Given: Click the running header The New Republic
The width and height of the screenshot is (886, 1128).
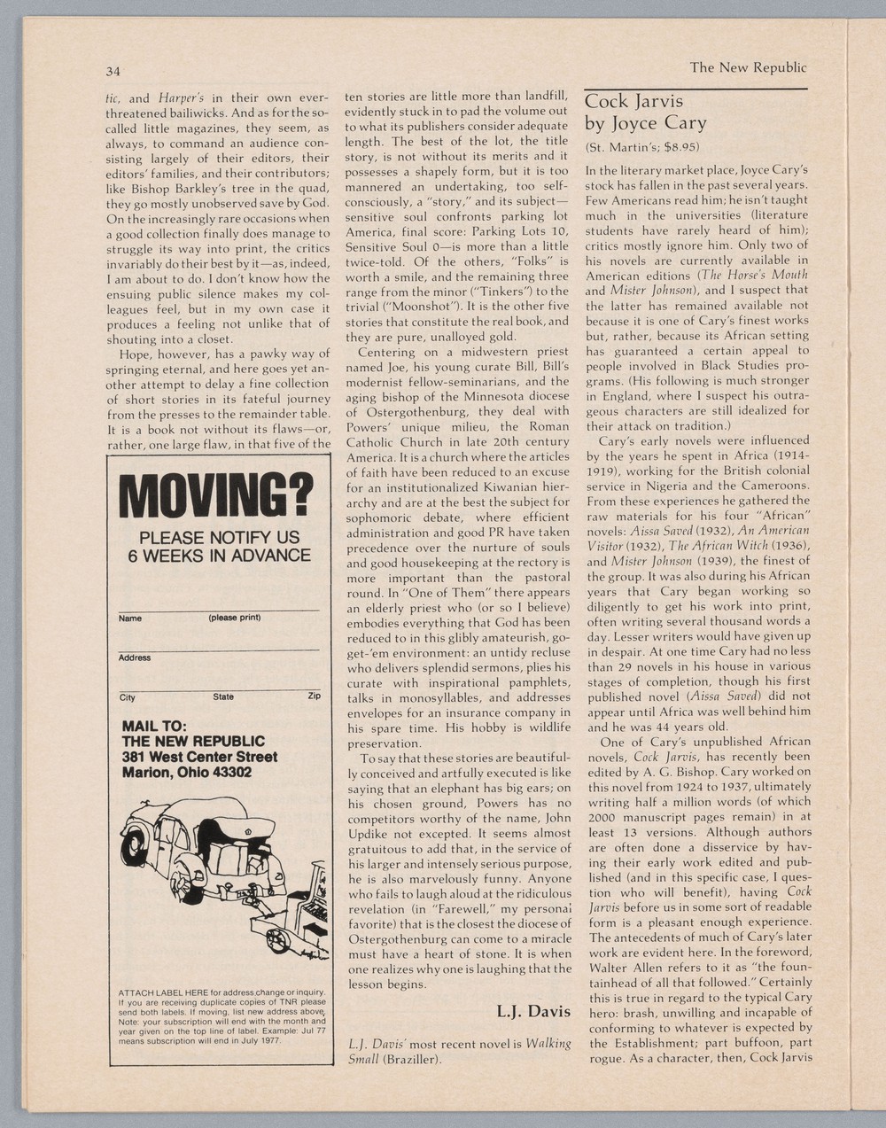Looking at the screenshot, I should [x=748, y=67].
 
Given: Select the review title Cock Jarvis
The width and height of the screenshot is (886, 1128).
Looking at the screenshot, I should [x=633, y=102].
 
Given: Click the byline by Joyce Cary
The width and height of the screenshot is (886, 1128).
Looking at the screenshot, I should [x=644, y=123].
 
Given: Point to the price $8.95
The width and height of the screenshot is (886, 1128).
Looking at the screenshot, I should [x=681, y=146].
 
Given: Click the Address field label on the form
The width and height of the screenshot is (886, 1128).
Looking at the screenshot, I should [x=135, y=657].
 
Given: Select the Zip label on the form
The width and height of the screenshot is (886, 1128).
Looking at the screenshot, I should [x=314, y=696].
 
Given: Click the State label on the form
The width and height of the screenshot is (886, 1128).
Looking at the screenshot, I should [x=223, y=696].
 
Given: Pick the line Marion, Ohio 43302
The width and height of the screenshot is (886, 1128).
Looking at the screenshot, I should [x=187, y=772].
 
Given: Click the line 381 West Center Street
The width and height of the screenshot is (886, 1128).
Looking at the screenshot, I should [x=199, y=757].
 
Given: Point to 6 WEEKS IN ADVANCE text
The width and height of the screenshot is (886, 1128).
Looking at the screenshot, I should [x=219, y=556].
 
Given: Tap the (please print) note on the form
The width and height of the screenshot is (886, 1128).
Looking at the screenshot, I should [x=234, y=618].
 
